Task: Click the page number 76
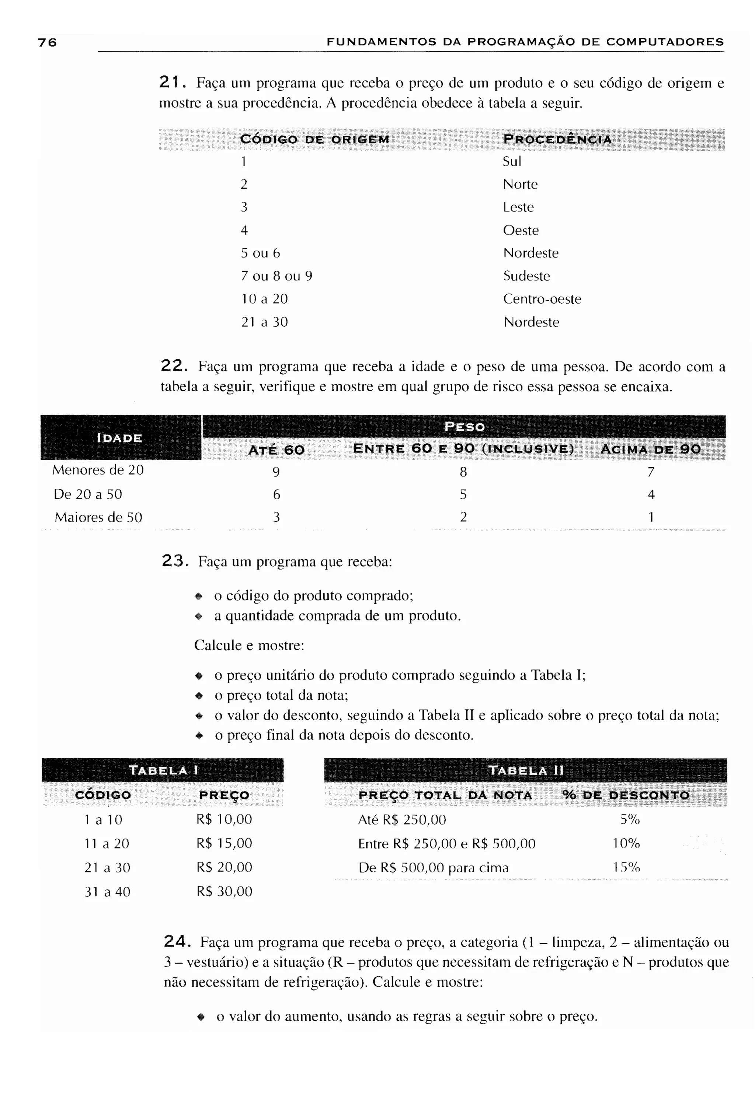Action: [x=47, y=43]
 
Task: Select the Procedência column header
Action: [x=557, y=140]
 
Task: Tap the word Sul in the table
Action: [x=511, y=162]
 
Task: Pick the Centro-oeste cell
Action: [x=542, y=299]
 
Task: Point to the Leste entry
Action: [x=518, y=207]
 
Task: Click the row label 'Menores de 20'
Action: [x=98, y=470]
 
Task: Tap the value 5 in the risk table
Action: [x=463, y=495]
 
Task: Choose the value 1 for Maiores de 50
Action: [x=651, y=517]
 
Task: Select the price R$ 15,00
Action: [x=224, y=843]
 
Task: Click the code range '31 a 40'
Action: [x=107, y=892]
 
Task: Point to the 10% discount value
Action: [x=626, y=843]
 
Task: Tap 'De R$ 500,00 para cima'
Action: [x=433, y=868]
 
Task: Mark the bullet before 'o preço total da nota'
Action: [x=199, y=696]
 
